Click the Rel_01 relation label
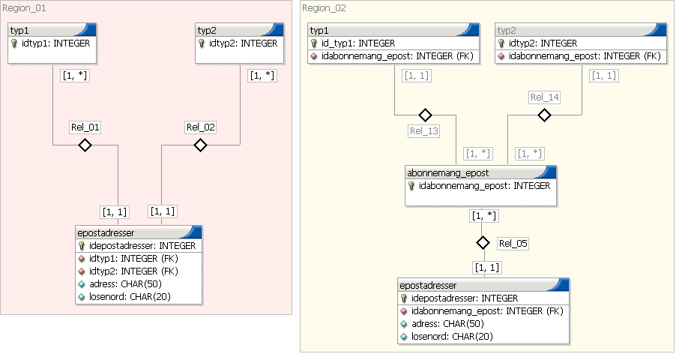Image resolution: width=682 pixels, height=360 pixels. [85, 127]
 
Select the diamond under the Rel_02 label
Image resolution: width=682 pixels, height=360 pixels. [200, 145]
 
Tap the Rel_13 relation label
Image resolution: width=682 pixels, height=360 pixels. [423, 131]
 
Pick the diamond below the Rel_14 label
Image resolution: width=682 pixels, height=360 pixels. [544, 115]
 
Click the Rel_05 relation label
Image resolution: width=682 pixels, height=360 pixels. [513, 243]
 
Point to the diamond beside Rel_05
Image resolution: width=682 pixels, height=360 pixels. [483, 242]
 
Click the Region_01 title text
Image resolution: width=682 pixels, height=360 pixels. [24, 7]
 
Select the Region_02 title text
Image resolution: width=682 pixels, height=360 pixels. [324, 7]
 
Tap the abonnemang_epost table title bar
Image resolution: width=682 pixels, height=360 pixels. [480, 172]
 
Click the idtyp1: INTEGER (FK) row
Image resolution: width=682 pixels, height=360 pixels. [133, 259]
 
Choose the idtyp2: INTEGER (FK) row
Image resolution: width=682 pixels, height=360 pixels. [133, 271]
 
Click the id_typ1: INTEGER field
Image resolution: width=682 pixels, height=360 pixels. [358, 43]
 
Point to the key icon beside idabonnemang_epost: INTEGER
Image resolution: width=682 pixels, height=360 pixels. [411, 186]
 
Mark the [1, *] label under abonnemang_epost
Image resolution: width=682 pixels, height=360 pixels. [483, 216]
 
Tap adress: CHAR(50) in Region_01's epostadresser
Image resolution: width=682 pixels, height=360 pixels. [125, 283]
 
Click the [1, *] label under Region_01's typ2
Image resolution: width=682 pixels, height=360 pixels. [262, 76]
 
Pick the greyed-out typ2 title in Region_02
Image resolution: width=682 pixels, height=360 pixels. [507, 31]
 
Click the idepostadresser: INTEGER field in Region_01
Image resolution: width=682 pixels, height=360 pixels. [142, 245]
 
